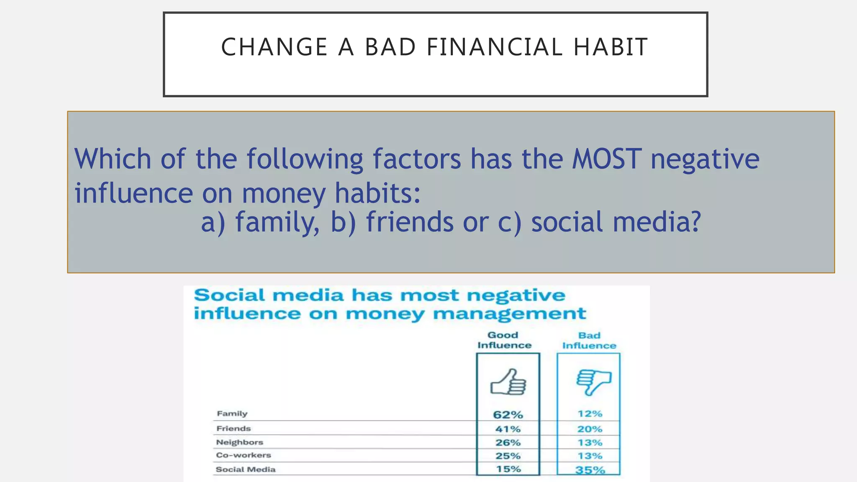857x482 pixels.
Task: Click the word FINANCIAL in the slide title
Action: [494, 47]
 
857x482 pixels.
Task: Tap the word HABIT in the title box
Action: [611, 47]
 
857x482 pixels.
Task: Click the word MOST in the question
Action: [606, 159]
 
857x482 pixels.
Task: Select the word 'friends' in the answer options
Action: [410, 222]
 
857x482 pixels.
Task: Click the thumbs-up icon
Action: [508, 382]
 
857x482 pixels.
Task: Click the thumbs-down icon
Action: [593, 382]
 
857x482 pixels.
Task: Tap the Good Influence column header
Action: [504, 340]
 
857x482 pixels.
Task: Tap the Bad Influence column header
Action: [589, 341]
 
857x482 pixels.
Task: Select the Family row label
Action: [232, 414]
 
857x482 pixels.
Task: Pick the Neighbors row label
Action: [239, 442]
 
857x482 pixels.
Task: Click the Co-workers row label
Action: [243, 455]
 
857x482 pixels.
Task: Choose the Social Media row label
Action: [246, 469]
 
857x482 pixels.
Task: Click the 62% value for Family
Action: [508, 415]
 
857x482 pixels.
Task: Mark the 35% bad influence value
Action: [590, 470]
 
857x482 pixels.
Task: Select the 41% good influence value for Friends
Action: [508, 429]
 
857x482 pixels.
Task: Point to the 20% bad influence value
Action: [590, 429]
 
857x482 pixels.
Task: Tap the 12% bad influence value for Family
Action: [590, 414]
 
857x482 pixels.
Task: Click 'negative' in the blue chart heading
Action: [516, 296]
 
